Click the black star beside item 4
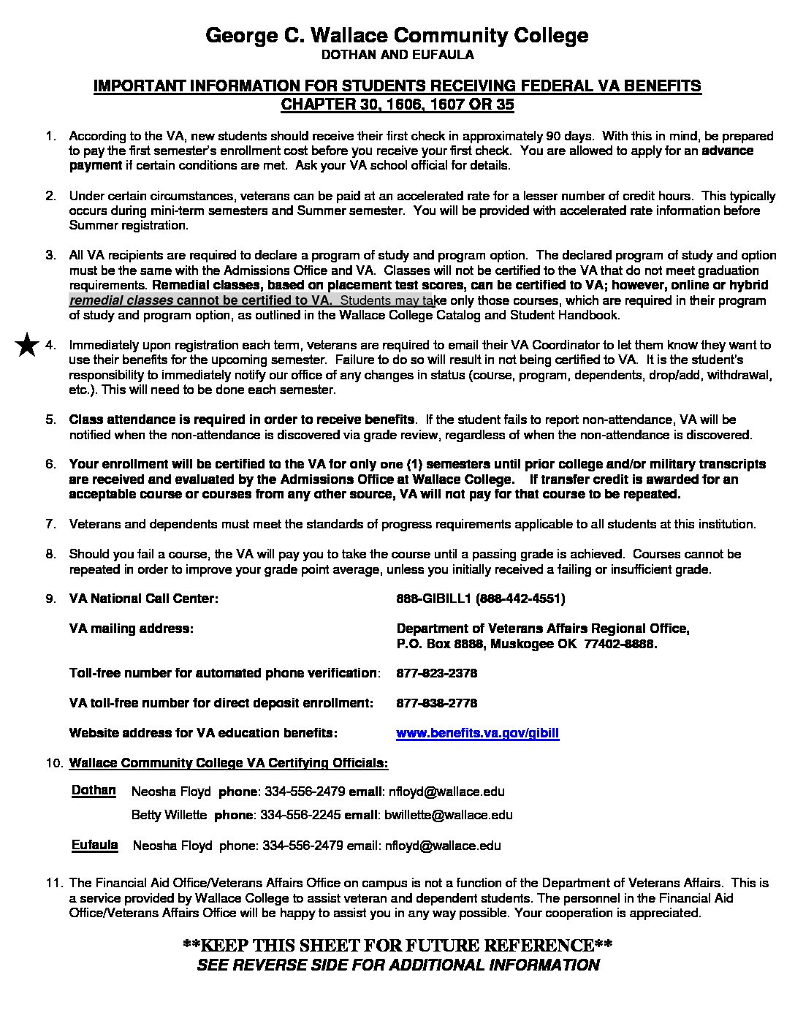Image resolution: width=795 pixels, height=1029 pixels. click(28, 345)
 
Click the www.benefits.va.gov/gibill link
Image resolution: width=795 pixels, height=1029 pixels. click(477, 733)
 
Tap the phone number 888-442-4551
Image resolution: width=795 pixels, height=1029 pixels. click(520, 599)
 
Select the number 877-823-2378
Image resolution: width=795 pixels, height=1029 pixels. click(436, 673)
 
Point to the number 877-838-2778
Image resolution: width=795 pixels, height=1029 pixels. click(436, 703)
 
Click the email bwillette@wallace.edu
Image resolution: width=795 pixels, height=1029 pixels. click(448, 815)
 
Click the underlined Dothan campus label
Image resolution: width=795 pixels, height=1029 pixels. click(94, 790)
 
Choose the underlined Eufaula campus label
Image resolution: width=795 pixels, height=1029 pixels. click(94, 845)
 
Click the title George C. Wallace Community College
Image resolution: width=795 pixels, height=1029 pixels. click(397, 35)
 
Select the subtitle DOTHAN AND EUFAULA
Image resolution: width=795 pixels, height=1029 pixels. click(397, 55)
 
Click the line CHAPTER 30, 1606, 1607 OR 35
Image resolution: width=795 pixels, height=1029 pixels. click(397, 105)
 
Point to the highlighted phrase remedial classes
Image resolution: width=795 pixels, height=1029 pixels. click(121, 300)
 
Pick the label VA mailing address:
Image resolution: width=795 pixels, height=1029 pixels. click(131, 629)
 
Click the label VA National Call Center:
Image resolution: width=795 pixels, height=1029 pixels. click(143, 599)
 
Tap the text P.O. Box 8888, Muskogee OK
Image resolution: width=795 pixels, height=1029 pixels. click(487, 644)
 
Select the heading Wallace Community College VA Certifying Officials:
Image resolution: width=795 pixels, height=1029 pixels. click(228, 763)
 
